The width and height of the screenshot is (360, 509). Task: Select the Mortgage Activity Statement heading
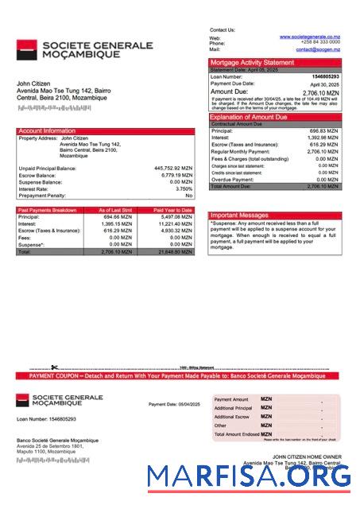pos(251,62)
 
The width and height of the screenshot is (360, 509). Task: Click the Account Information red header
pos(47,130)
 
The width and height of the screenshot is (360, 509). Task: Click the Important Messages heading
pos(239,216)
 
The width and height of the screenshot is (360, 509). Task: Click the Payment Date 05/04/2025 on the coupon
pos(174,404)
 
